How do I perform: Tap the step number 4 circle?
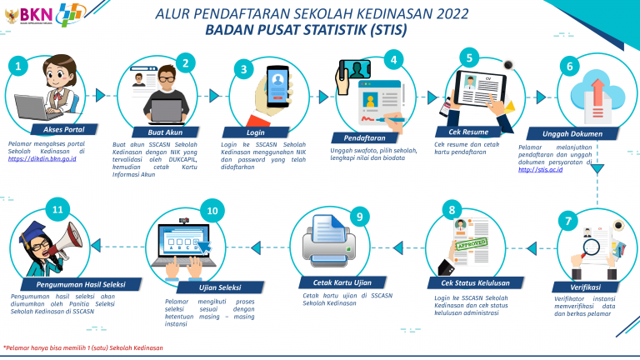tap(392, 59)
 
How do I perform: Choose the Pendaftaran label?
tap(364, 137)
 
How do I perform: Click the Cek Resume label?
tap(468, 132)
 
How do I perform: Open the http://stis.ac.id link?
tap(541, 169)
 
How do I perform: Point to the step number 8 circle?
tap(451, 210)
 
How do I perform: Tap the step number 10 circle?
tap(212, 211)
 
